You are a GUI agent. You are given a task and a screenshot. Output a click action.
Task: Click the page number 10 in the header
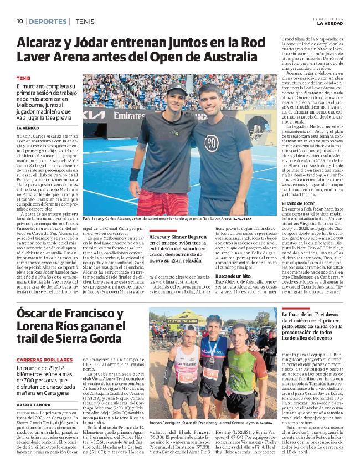pos(19,21)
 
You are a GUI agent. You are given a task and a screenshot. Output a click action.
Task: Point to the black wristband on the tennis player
pos(135,175)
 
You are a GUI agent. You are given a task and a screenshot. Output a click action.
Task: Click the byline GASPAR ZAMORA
pos(34,405)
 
